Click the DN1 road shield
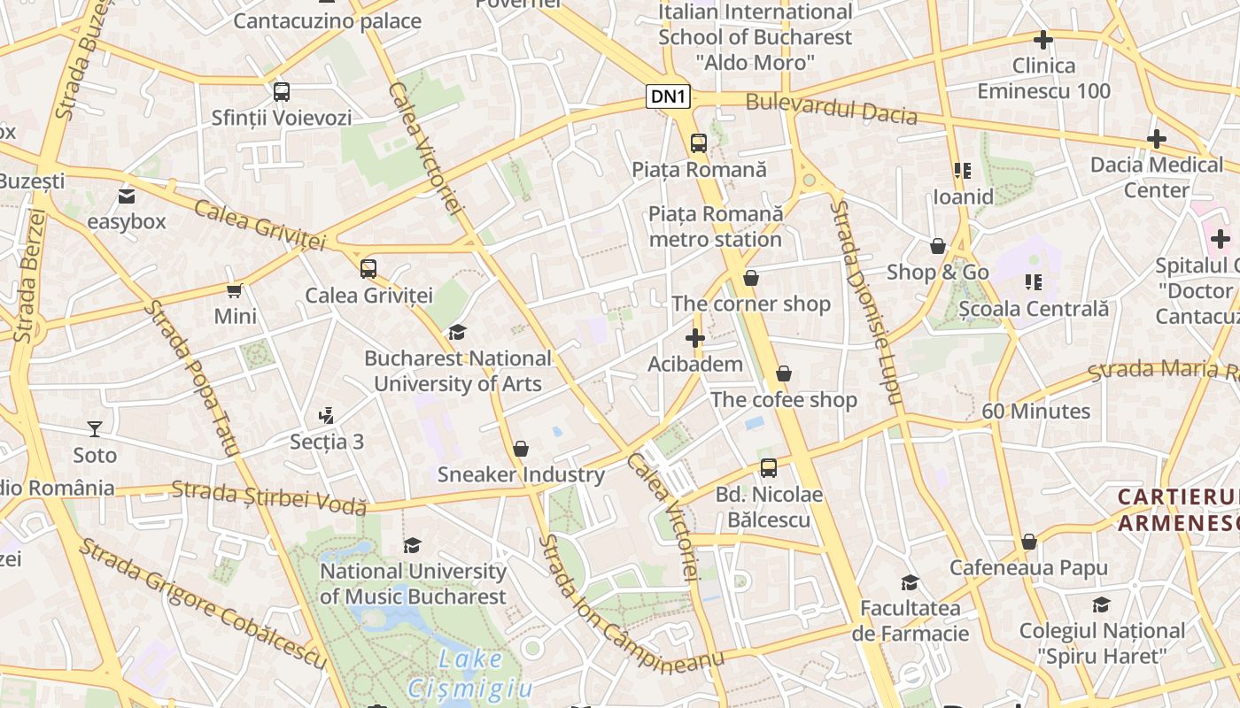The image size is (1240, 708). pyautogui.click(x=669, y=96)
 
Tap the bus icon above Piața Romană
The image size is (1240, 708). pyautogui.click(x=699, y=142)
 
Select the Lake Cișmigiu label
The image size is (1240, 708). pyautogui.click(x=470, y=673)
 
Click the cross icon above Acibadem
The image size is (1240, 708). pyautogui.click(x=695, y=338)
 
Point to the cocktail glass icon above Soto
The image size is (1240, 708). pyautogui.click(x=95, y=429)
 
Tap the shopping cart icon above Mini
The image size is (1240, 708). pyautogui.click(x=235, y=290)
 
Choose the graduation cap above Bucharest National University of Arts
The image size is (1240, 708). pyautogui.click(x=457, y=333)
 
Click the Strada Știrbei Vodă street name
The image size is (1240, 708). pyautogui.click(x=268, y=496)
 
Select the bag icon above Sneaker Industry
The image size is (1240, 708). pyautogui.click(x=521, y=449)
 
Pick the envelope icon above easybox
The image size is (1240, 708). pyautogui.click(x=127, y=196)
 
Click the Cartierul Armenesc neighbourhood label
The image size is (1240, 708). pyautogui.click(x=1178, y=510)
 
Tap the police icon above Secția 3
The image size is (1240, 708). pyautogui.click(x=326, y=415)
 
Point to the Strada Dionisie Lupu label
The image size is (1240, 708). pyautogui.click(x=865, y=301)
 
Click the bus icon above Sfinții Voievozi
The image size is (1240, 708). pyautogui.click(x=282, y=91)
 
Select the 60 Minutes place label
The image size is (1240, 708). pyautogui.click(x=1035, y=412)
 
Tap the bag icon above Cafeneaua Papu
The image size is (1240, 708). pyautogui.click(x=1029, y=542)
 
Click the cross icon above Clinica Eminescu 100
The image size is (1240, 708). pyautogui.click(x=1043, y=40)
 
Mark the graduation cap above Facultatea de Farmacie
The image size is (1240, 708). pyautogui.click(x=910, y=582)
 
